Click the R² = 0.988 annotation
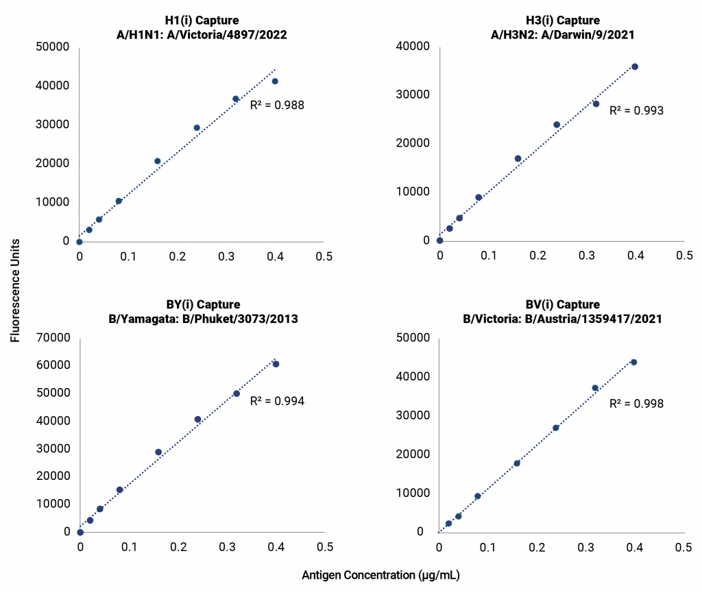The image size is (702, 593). point(277,106)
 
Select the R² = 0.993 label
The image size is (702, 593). point(637,110)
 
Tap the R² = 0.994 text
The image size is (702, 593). point(277,401)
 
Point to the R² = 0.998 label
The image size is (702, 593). point(637,403)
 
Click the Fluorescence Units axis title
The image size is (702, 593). point(16,291)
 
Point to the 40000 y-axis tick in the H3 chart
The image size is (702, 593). point(414,47)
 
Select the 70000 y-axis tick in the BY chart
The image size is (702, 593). point(54,338)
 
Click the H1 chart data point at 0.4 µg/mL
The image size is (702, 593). point(275,81)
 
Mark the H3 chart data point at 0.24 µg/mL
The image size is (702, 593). point(557,125)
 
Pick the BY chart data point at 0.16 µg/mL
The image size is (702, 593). point(158,452)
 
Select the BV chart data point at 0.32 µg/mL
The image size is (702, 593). point(595,388)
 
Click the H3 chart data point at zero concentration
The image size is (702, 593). point(439,241)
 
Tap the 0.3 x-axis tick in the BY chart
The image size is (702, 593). point(227,548)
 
